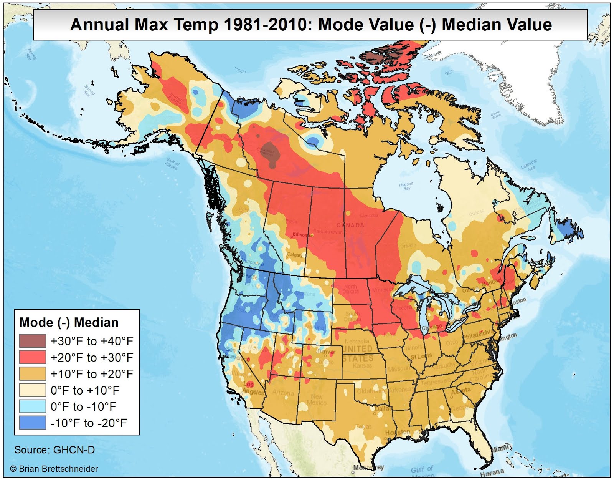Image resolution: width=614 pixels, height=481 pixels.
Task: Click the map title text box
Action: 310,25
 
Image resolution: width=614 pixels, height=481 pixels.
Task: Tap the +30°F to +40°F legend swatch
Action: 33,341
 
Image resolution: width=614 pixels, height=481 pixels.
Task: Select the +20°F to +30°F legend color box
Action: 33,357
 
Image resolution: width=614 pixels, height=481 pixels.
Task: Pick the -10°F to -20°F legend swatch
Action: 33,423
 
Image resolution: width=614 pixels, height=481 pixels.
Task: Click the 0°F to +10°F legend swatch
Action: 33,390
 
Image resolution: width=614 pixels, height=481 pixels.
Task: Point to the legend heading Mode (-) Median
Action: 69,322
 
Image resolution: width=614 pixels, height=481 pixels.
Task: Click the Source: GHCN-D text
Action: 54,450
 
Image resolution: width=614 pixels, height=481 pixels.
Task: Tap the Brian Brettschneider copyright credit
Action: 54,469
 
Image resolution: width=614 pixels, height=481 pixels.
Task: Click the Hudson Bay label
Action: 406,186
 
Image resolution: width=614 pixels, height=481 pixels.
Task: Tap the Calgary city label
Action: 295,255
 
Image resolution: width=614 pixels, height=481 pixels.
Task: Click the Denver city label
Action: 327,352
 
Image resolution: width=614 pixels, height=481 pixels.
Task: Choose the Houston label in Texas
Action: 398,433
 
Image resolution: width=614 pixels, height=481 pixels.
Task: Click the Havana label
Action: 492,472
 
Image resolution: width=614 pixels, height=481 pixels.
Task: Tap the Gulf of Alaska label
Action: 172,164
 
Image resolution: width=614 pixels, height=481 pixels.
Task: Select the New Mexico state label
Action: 317,400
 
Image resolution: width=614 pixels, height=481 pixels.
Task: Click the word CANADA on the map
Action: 350,225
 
